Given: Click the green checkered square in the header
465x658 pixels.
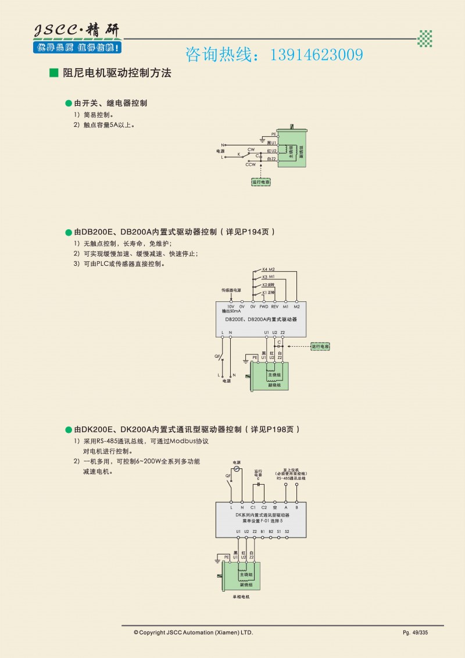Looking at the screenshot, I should point(425,38).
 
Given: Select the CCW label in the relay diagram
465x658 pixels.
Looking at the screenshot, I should point(251,165).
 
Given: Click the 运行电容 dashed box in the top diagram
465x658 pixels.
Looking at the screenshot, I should point(261,182).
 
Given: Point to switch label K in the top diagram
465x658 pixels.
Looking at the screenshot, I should point(239,155).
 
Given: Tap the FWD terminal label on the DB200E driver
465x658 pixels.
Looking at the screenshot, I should point(263,306).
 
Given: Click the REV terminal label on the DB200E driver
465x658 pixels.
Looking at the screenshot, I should point(275,306).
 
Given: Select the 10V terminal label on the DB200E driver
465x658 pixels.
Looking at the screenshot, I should point(231,306).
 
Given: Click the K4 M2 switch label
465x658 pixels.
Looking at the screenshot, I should point(268,269).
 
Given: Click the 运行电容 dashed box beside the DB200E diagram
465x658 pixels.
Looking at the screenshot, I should point(320,346).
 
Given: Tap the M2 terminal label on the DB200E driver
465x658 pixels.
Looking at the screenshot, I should point(296,306).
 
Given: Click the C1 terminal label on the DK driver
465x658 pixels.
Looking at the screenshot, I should point(253,507).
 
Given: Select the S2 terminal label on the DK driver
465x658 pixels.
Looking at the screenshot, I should point(287,531).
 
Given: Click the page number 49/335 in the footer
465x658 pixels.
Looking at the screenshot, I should point(415,632).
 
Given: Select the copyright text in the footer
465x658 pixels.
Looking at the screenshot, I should point(194,632).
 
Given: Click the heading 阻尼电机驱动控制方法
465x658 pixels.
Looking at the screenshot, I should point(116,73).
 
